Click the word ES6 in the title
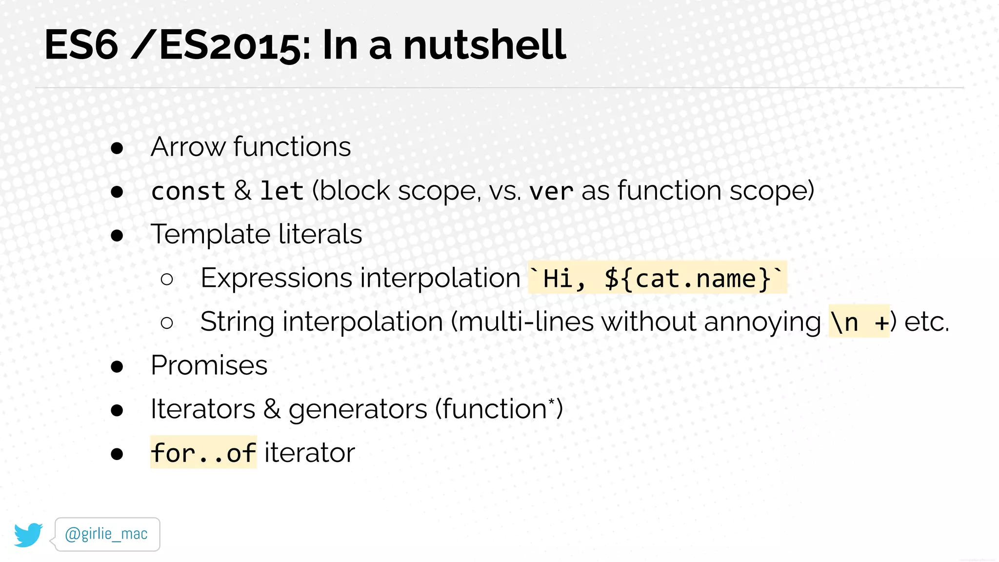coord(81,45)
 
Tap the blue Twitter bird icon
coord(28,535)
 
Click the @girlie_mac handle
coord(106,534)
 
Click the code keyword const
coord(188,191)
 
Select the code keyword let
coord(281,191)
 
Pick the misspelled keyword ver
coord(551,191)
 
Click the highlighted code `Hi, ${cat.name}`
coord(657,279)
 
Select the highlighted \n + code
coord(859,322)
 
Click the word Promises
coord(209,365)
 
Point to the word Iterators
coord(202,409)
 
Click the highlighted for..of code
coord(203,453)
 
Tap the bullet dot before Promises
coord(117,366)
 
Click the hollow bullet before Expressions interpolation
coord(167,279)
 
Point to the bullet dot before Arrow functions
coord(117,148)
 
